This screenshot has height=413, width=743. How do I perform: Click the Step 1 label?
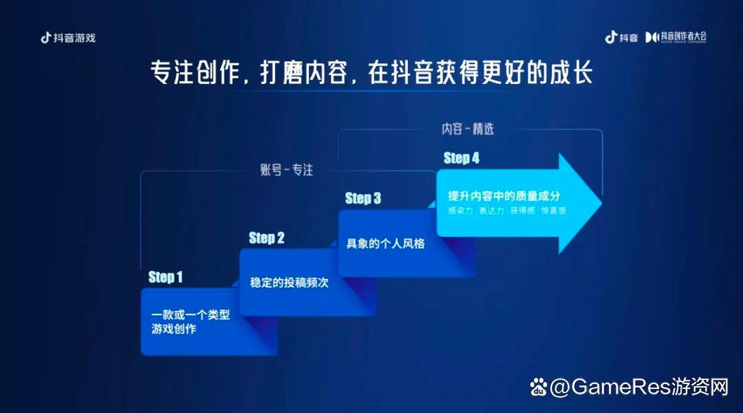[x=165, y=277]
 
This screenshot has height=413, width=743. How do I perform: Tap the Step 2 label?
[x=266, y=238]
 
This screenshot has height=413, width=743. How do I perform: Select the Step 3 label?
[x=363, y=199]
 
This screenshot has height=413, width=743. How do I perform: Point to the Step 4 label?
[x=461, y=159]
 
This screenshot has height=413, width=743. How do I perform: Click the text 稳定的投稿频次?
[x=289, y=283]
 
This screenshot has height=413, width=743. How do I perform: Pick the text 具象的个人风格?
[x=385, y=243]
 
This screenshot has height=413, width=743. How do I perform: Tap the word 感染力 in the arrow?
[x=461, y=211]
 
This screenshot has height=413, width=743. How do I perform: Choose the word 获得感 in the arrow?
[x=521, y=211]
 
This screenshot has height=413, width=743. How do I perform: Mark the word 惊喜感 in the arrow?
[x=552, y=211]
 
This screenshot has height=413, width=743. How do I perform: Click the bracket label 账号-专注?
[x=287, y=170]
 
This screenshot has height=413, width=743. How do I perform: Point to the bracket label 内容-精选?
[x=467, y=129]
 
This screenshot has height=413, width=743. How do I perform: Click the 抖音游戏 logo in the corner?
[x=68, y=38]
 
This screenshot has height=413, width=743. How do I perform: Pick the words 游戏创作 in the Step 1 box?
[x=174, y=330]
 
